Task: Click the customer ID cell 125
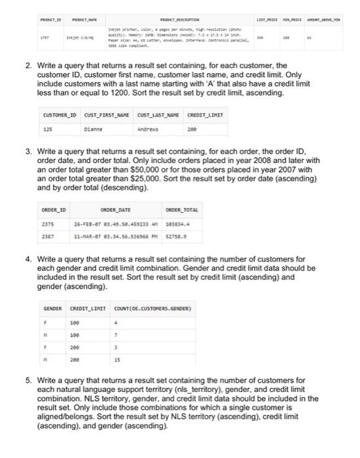(x=48, y=129)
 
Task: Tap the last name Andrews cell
(x=150, y=129)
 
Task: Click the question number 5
(x=27, y=380)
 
